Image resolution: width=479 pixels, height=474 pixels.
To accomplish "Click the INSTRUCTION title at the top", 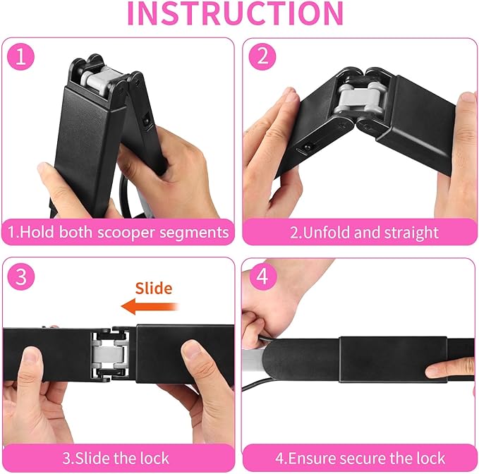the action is point(236,13).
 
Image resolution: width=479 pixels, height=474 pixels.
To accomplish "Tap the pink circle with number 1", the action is point(20,57).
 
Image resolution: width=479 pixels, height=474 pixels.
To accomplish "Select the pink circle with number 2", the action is point(262,57).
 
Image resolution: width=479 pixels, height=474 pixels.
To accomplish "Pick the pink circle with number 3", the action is point(21,277).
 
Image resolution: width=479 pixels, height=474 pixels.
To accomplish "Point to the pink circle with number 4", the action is point(263,277).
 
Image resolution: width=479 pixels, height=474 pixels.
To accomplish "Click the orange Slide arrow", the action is point(150,306).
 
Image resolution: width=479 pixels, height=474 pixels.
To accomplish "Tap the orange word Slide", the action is point(154,288).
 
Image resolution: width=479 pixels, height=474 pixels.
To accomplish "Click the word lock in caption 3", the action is point(154,458).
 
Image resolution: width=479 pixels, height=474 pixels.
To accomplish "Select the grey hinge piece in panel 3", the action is point(109,355).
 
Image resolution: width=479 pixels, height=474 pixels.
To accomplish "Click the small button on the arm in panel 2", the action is point(305,147).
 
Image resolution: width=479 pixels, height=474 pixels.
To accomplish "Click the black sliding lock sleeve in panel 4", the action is point(394,360).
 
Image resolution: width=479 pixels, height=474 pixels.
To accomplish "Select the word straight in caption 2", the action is point(411,233).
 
